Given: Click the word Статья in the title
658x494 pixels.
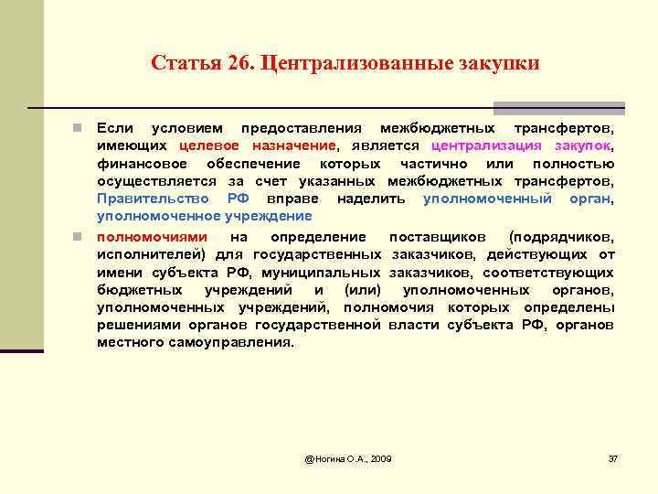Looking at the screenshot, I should pos(181,63).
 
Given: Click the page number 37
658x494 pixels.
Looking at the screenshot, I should pos(612,456).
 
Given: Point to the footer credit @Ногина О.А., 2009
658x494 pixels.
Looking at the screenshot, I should pos(347,456).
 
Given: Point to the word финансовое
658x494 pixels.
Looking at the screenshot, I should pos(142,163).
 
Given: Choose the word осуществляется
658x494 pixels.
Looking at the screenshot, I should pos(151,181).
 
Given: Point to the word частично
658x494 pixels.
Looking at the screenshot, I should pos(429,163).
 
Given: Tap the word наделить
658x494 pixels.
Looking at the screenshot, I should pos(371,199).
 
